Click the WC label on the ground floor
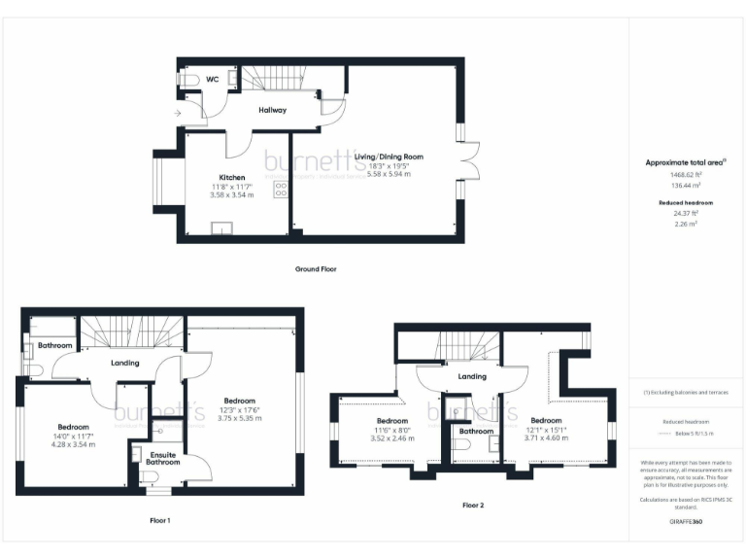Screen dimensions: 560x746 pyautogui.click(x=212, y=79)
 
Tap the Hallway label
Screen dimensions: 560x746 pyautogui.click(x=272, y=110)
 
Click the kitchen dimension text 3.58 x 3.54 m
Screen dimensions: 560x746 pyautogui.click(x=231, y=194)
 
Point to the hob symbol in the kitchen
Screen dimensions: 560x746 pyautogui.click(x=280, y=190)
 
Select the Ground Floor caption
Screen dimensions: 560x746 pyautogui.click(x=316, y=268)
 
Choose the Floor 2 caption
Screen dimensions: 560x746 pyautogui.click(x=473, y=506)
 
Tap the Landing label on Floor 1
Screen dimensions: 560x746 pyautogui.click(x=124, y=363)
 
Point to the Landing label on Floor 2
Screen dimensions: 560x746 pyautogui.click(x=472, y=376)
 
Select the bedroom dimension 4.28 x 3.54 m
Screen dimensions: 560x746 pyautogui.click(x=73, y=444)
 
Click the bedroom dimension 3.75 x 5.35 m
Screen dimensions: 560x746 pyautogui.click(x=239, y=418)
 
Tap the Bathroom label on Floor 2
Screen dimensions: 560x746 pyautogui.click(x=476, y=431)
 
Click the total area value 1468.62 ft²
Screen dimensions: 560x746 pyautogui.click(x=687, y=173)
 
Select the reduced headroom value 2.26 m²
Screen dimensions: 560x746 pyautogui.click(x=687, y=223)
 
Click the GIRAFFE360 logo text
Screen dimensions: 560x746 pyautogui.click(x=686, y=522)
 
